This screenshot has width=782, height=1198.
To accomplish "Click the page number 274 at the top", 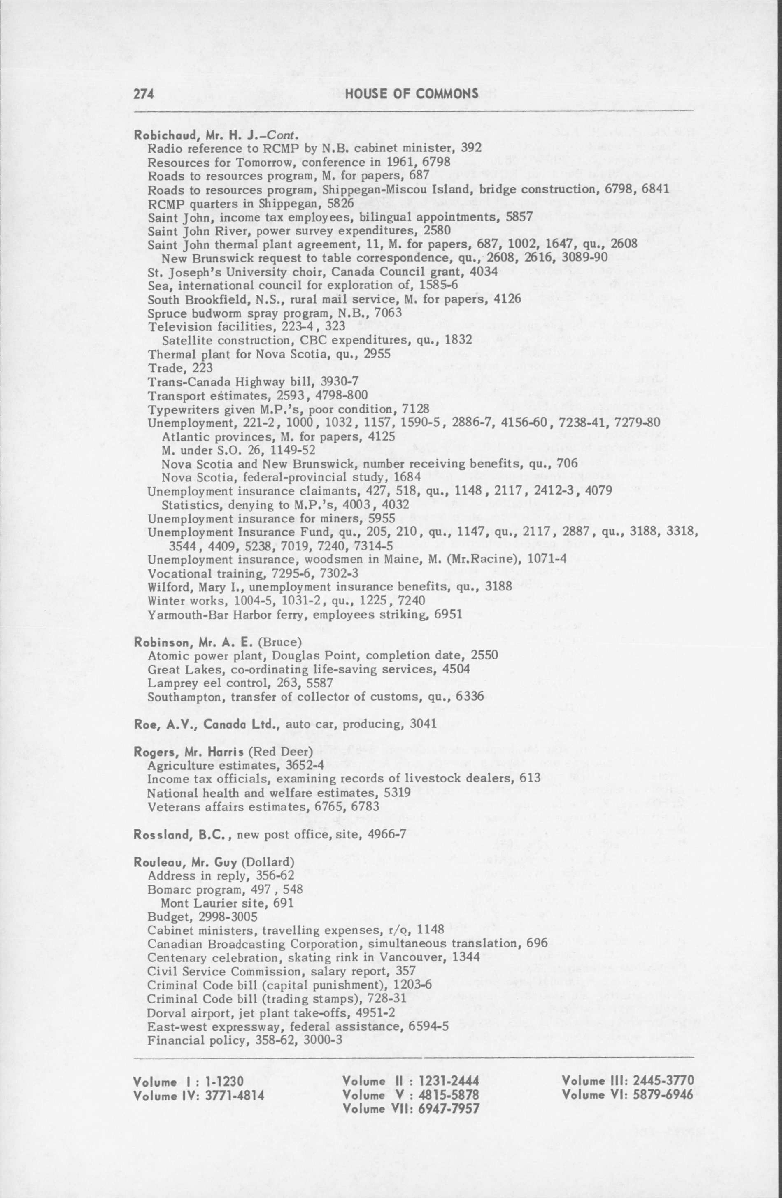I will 143,94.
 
